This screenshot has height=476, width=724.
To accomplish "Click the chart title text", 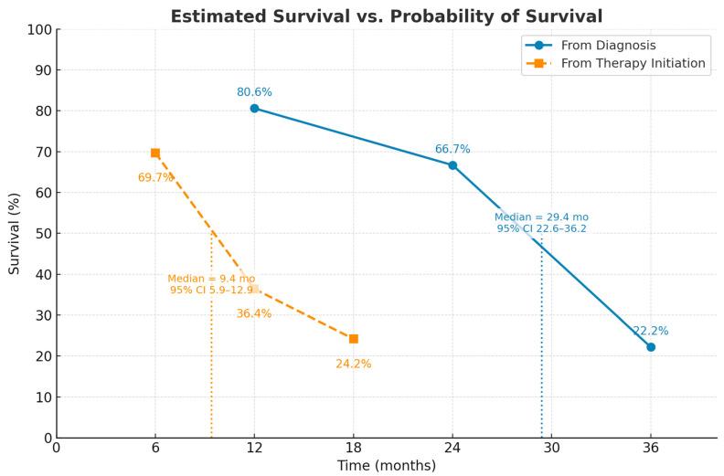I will coord(386,16).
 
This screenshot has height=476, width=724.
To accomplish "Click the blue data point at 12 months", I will coord(254,108).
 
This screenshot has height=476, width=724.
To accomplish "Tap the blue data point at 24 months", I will coord(452,165).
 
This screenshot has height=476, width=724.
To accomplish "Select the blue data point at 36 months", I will coord(651,347).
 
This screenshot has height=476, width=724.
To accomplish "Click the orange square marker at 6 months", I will coord(155,153).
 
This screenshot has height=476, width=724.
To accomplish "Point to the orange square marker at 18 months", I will coord(354,339).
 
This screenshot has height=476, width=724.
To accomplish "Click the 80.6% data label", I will coord(254,92).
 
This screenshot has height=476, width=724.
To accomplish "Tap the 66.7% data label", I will coord(452,149).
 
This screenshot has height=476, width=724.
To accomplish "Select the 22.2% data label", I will coord(651,331).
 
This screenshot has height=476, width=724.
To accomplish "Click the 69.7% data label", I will coord(155,177).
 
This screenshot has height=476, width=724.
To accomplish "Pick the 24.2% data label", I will coord(354,364).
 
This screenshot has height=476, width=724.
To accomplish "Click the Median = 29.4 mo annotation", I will coord(541,217).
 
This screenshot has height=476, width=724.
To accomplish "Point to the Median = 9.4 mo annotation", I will coord(211,279).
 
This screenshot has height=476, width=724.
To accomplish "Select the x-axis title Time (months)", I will coord(387,465).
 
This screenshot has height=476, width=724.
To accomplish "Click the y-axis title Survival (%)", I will coord(15,233).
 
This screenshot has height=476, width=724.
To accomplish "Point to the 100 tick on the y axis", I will coord(37,29).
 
